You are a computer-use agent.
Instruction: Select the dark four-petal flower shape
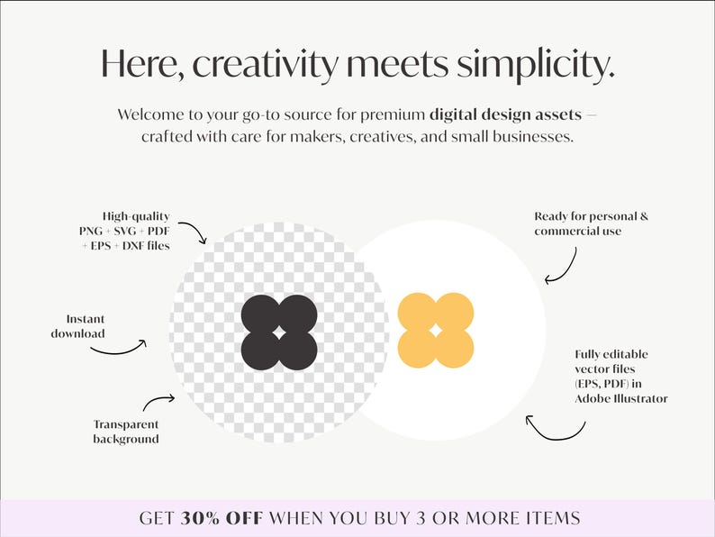(279, 332)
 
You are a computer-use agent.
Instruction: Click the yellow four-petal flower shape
(435, 330)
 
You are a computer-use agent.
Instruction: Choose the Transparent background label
(126, 432)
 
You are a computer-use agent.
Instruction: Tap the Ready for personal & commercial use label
(591, 223)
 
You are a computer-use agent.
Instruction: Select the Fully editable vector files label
(620, 376)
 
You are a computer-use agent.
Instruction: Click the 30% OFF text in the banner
(222, 518)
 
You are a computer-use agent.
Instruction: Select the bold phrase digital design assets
(505, 115)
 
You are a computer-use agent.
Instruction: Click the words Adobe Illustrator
(621, 398)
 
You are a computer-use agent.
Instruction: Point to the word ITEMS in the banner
(553, 518)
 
